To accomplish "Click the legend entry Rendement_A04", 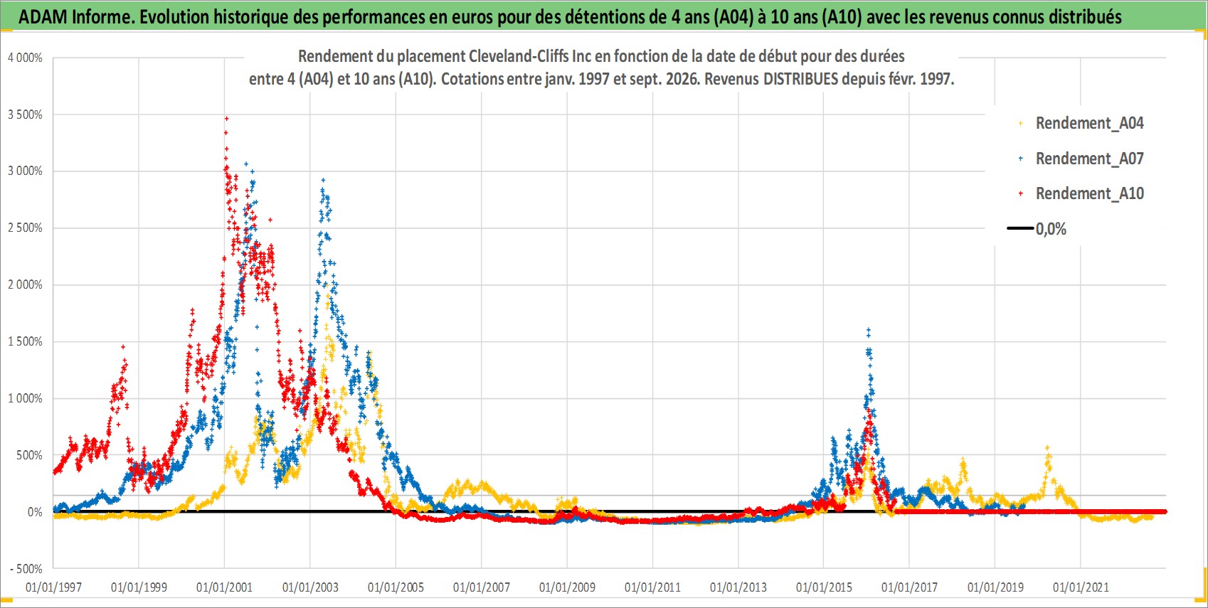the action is tap(1081, 124).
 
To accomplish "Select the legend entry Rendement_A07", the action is tap(1081, 159).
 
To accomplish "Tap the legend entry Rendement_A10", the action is tap(1081, 193).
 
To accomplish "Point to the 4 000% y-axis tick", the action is tap(25, 58).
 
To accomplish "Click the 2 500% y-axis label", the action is tap(25, 228).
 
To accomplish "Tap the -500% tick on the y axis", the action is tap(26, 569).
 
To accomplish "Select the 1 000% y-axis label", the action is tap(25, 398).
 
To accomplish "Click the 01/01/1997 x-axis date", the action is tap(53, 587).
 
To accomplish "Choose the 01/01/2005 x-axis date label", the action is tap(396, 587).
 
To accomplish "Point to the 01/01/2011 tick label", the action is tap(652, 587).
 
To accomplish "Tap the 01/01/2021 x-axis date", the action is tap(1081, 587).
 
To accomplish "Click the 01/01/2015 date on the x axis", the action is tap(824, 587).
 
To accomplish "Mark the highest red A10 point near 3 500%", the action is tap(226, 118).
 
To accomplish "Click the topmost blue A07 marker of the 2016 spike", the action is tap(868, 329).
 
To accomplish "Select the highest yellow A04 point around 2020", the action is tap(1047, 447).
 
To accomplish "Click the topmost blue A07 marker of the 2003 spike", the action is tap(323, 180).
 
